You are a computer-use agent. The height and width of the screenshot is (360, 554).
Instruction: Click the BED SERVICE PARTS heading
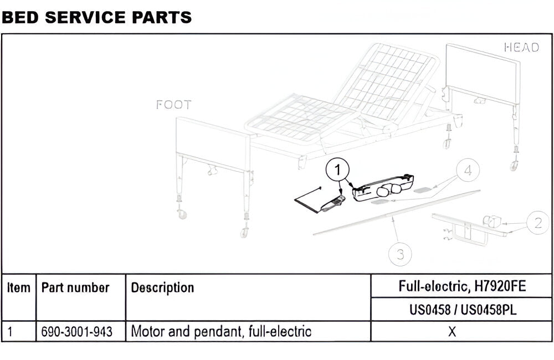pyautogui.click(x=97, y=17)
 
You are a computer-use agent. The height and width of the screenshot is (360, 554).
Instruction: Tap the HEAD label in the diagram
pyautogui.click(x=521, y=48)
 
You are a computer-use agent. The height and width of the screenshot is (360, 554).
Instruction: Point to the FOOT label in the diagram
pyautogui.click(x=173, y=105)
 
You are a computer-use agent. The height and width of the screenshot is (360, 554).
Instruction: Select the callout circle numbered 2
pyautogui.click(x=537, y=223)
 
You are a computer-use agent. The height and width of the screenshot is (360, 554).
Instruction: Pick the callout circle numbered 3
pyautogui.click(x=400, y=254)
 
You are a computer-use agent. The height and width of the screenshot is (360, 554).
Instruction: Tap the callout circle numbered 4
pyautogui.click(x=468, y=171)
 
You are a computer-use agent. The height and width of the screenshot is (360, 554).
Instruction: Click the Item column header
pyautogui.click(x=19, y=288)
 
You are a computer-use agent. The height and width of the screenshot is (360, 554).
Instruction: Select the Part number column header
pyautogui.click(x=75, y=288)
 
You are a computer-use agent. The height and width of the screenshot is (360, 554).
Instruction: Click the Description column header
pyautogui.click(x=162, y=288)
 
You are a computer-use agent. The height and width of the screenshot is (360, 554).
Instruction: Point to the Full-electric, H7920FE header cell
pyautogui.click(x=461, y=286)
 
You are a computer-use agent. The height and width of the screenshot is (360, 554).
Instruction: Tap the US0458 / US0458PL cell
pyautogui.click(x=461, y=310)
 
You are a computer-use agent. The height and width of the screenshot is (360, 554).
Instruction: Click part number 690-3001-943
pyautogui.click(x=77, y=332)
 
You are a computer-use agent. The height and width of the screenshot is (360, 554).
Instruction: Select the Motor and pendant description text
pyautogui.click(x=221, y=332)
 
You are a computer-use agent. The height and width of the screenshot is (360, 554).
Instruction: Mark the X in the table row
pyautogui.click(x=452, y=332)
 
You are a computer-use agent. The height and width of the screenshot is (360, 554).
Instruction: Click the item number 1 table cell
pyautogui.click(x=11, y=332)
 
